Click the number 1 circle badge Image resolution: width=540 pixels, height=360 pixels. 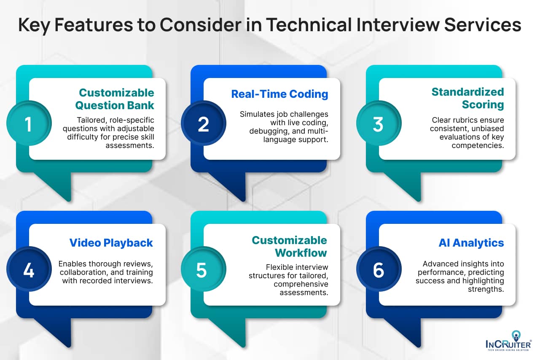(29, 123)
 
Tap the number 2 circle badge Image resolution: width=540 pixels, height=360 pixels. (204, 123)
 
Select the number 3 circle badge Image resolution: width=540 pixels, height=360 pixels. (379, 123)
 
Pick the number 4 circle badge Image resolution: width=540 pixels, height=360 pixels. (29, 269)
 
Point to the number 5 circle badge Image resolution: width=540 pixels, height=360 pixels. (204, 269)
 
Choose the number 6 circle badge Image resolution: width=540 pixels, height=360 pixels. (379, 269)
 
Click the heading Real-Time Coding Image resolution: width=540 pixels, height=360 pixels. (279, 94)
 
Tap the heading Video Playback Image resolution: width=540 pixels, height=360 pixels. (111, 243)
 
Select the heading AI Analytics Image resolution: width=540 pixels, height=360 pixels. (471, 243)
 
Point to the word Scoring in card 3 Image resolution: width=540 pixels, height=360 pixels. (483, 105)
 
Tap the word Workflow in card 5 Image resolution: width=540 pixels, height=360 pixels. (301, 253)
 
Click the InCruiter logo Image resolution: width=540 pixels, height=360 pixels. (508, 341)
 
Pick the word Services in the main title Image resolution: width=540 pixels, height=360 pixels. (483, 24)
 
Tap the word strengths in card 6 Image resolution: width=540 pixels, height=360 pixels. (486, 289)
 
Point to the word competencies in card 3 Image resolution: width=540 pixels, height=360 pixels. (477, 145)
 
